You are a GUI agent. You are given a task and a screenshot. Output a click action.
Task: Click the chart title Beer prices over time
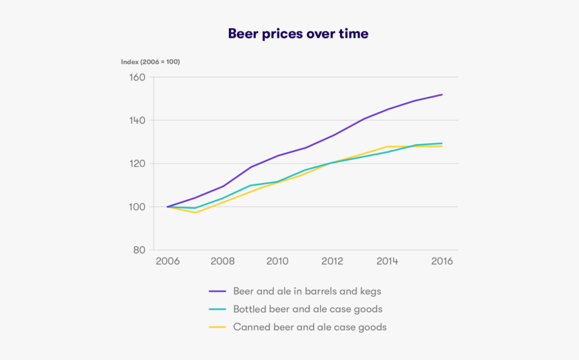pos(298,34)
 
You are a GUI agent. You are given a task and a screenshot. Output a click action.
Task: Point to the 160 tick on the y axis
pos(137,77)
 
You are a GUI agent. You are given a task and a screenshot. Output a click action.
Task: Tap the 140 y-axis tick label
pos(137,120)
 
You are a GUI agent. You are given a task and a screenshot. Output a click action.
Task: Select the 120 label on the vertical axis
pos(137,164)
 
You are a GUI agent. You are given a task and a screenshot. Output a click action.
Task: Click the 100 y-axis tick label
pos(137,207)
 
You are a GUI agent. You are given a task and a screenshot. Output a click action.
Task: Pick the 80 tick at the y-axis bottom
pos(139,250)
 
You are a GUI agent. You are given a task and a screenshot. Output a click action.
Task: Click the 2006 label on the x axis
pos(167,261)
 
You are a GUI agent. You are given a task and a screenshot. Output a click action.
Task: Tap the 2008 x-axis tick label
pos(222,261)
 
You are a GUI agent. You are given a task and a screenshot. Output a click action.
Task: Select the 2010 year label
pos(277,261)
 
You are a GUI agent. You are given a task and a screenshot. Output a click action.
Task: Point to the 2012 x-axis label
pos(332,261)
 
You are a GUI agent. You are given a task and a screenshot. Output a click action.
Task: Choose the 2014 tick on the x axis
pos(387,261)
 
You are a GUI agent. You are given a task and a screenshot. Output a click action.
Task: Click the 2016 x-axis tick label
pos(442,261)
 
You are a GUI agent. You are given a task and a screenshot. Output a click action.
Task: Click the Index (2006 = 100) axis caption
pos(150,62)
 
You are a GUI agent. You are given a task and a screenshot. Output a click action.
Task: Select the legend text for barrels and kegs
pos(307,291)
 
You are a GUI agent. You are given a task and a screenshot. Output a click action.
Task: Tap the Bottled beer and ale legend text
pos(308,310)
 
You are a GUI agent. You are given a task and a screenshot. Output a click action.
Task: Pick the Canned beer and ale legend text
pos(310,328)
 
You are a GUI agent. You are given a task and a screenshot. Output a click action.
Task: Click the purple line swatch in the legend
pos(217,292)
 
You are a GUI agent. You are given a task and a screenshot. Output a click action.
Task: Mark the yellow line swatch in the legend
pos(217,328)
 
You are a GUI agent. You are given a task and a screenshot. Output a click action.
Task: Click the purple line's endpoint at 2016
pos(442,94)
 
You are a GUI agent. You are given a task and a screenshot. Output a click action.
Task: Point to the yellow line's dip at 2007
pos(195,213)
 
